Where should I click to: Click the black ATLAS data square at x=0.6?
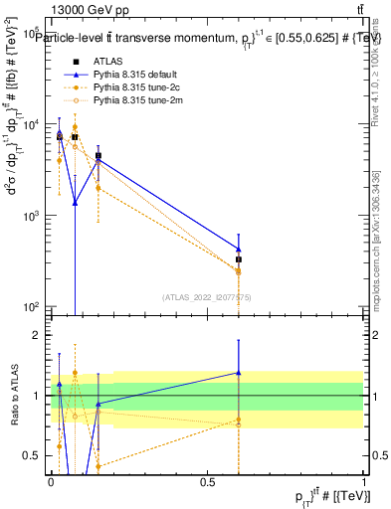[239, 259]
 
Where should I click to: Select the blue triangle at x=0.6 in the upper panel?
[239, 250]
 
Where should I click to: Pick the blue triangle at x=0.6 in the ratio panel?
[239, 373]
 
